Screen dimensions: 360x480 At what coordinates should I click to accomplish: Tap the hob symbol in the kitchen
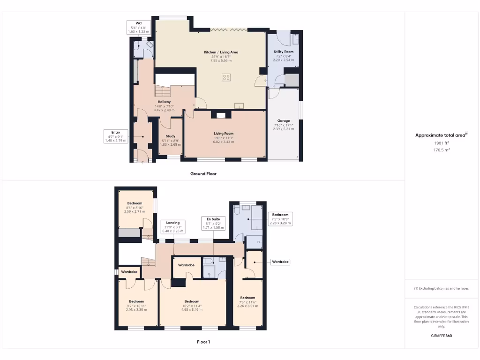pos(226,77)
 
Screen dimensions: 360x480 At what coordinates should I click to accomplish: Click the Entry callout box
pos(115,136)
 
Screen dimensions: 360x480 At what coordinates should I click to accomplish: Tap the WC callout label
pos(138,27)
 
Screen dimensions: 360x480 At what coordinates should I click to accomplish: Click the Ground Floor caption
pos(203,173)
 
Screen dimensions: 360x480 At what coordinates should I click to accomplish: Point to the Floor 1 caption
pos(203,342)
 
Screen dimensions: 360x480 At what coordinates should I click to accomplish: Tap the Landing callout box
pos(173,226)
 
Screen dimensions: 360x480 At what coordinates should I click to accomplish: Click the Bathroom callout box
pos(280,219)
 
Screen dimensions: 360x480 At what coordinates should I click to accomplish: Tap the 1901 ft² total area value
pos(441,143)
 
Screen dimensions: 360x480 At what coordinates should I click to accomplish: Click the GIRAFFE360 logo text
pos(441,336)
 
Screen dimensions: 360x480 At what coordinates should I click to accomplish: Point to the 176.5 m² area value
pos(441,150)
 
